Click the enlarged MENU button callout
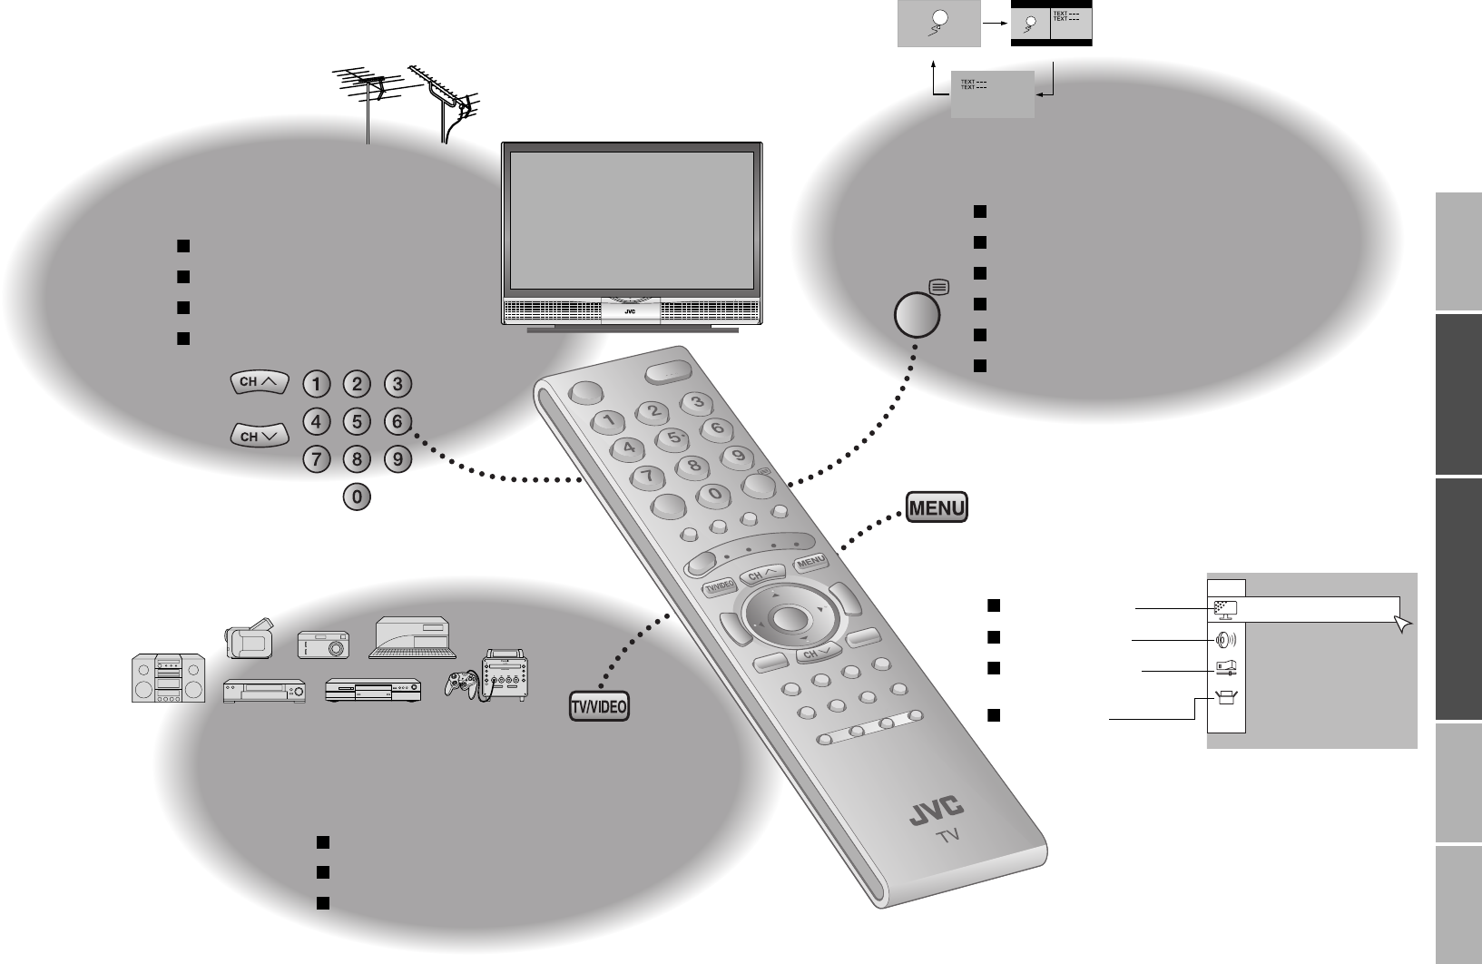pos(937,507)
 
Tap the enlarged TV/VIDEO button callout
pos(599,707)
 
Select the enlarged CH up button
pos(258,383)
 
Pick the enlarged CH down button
pos(258,437)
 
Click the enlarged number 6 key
pos(397,421)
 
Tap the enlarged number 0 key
pos(357,497)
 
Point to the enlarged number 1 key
pos(316,384)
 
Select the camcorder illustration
pos(250,637)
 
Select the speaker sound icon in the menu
pos(1226,639)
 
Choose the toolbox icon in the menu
pos(1226,699)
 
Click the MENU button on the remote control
pos(810,563)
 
